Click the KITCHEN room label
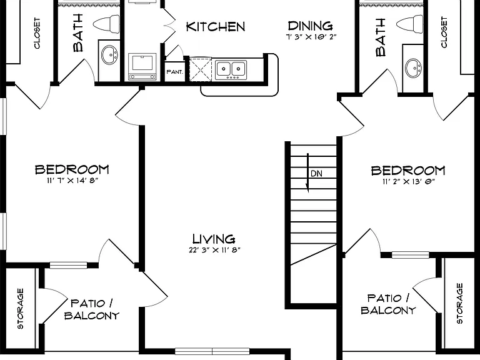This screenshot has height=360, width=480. (x=216, y=27)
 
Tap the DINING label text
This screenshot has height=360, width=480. (x=310, y=26)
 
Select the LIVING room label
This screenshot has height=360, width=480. (x=214, y=239)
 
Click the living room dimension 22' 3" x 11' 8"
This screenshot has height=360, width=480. (x=214, y=250)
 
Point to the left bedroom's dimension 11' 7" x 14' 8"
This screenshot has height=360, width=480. (x=72, y=180)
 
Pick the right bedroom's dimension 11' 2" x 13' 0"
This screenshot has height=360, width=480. (x=409, y=181)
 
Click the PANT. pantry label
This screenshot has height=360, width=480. (x=175, y=72)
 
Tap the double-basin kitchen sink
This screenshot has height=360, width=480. (x=231, y=70)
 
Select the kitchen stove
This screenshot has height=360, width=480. (x=142, y=67)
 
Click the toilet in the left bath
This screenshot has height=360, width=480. (x=106, y=24)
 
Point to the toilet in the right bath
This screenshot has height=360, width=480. (x=410, y=23)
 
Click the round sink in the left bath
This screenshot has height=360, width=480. (x=109, y=55)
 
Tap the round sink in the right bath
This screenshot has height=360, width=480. (x=414, y=68)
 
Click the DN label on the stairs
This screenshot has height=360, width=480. (x=316, y=174)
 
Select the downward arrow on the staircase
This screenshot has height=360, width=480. (x=307, y=173)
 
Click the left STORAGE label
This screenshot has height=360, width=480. (x=20, y=309)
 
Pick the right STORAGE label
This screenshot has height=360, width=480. (x=459, y=303)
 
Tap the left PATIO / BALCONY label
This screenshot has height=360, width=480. (x=91, y=309)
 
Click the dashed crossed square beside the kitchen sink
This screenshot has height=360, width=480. (x=201, y=70)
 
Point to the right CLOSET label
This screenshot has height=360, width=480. (x=444, y=32)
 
